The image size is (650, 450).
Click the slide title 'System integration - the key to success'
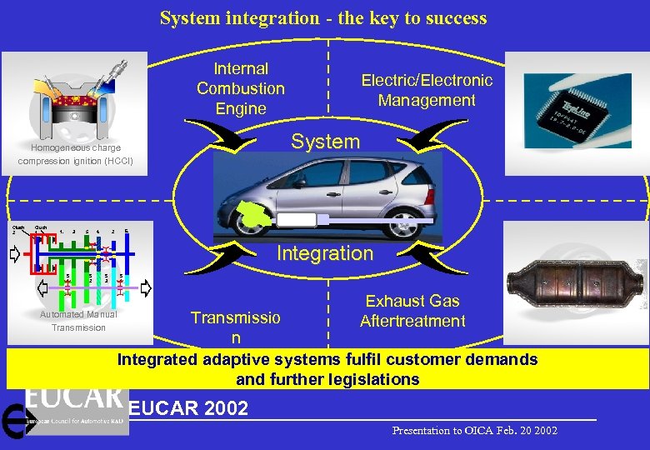point(323,17)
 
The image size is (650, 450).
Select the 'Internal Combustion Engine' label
point(241,88)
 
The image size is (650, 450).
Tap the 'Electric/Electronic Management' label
point(426,90)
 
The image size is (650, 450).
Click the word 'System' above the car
point(325,142)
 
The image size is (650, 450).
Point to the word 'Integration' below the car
point(325,253)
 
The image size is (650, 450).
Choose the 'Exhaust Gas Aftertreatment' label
point(412,311)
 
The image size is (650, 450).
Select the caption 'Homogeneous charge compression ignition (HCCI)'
point(76,154)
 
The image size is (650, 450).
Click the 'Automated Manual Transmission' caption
point(78,321)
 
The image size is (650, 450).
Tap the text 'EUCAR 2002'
point(188,408)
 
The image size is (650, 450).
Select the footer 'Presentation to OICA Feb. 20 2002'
point(475,431)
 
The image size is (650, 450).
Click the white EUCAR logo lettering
point(75,397)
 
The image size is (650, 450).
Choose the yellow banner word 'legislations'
point(379,379)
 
